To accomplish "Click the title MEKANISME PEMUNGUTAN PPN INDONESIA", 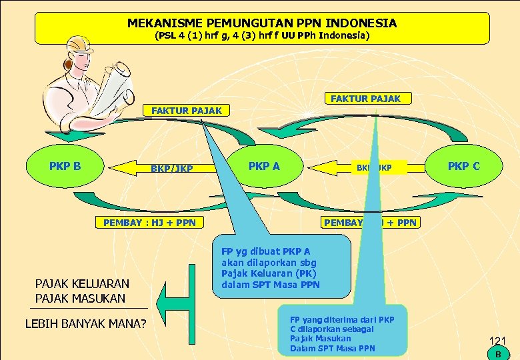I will [x=261, y=23].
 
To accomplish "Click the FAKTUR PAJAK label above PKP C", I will [x=365, y=99].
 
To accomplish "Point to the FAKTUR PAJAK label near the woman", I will [x=187, y=111].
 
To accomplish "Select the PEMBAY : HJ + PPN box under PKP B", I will [x=149, y=222].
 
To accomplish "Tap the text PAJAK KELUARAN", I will [x=82, y=283].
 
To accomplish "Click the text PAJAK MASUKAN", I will [x=80, y=298].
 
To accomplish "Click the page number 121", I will [x=497, y=341].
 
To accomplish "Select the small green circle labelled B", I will [x=497, y=354].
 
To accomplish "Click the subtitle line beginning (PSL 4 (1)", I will [x=261, y=35].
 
